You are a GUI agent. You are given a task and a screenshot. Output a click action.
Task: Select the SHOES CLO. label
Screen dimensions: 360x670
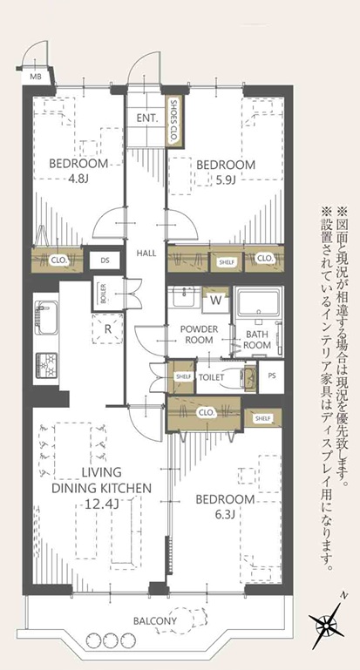[x=174, y=120]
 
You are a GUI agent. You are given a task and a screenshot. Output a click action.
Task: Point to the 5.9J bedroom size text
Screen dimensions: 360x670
[x=225, y=180]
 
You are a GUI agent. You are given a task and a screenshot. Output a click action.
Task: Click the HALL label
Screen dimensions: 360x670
[x=146, y=253]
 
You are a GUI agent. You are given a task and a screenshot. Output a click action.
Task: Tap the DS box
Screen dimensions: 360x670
[x=105, y=261]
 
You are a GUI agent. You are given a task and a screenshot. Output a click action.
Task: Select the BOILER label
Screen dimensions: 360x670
[x=103, y=293]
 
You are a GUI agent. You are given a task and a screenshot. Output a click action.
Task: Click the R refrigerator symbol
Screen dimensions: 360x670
[x=108, y=329]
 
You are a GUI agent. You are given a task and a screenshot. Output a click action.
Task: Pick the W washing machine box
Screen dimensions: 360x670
[x=216, y=300]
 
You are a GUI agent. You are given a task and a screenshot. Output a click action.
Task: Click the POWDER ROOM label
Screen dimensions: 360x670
[x=200, y=335]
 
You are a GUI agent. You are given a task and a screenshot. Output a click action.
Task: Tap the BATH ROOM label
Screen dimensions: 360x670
[x=257, y=340]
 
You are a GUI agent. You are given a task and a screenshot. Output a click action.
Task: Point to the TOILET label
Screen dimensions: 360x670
[x=211, y=378]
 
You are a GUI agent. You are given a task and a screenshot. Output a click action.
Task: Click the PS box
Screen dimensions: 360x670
[x=271, y=377]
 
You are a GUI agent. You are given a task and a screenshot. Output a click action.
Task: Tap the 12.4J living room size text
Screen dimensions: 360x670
[x=101, y=504]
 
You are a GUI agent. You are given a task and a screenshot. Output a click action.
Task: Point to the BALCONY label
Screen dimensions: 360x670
[x=154, y=621]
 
